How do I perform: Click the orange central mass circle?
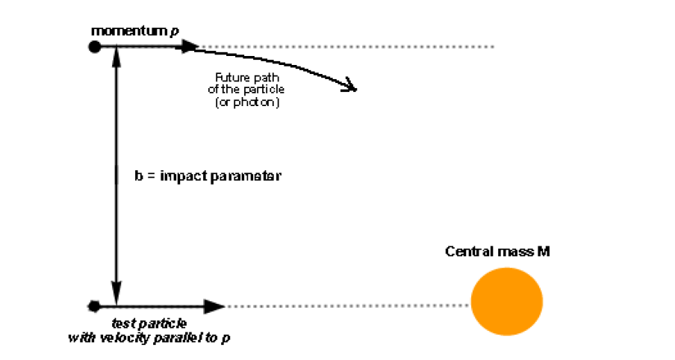click(x=506, y=301)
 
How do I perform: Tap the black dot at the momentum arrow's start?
click(x=94, y=47)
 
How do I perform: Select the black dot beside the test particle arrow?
click(x=93, y=305)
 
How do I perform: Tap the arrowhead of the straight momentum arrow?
click(x=189, y=47)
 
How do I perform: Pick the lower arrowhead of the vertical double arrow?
click(x=116, y=291)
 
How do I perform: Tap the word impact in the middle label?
click(x=184, y=176)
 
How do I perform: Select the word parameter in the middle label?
click(x=246, y=176)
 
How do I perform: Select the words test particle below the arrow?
click(x=149, y=323)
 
